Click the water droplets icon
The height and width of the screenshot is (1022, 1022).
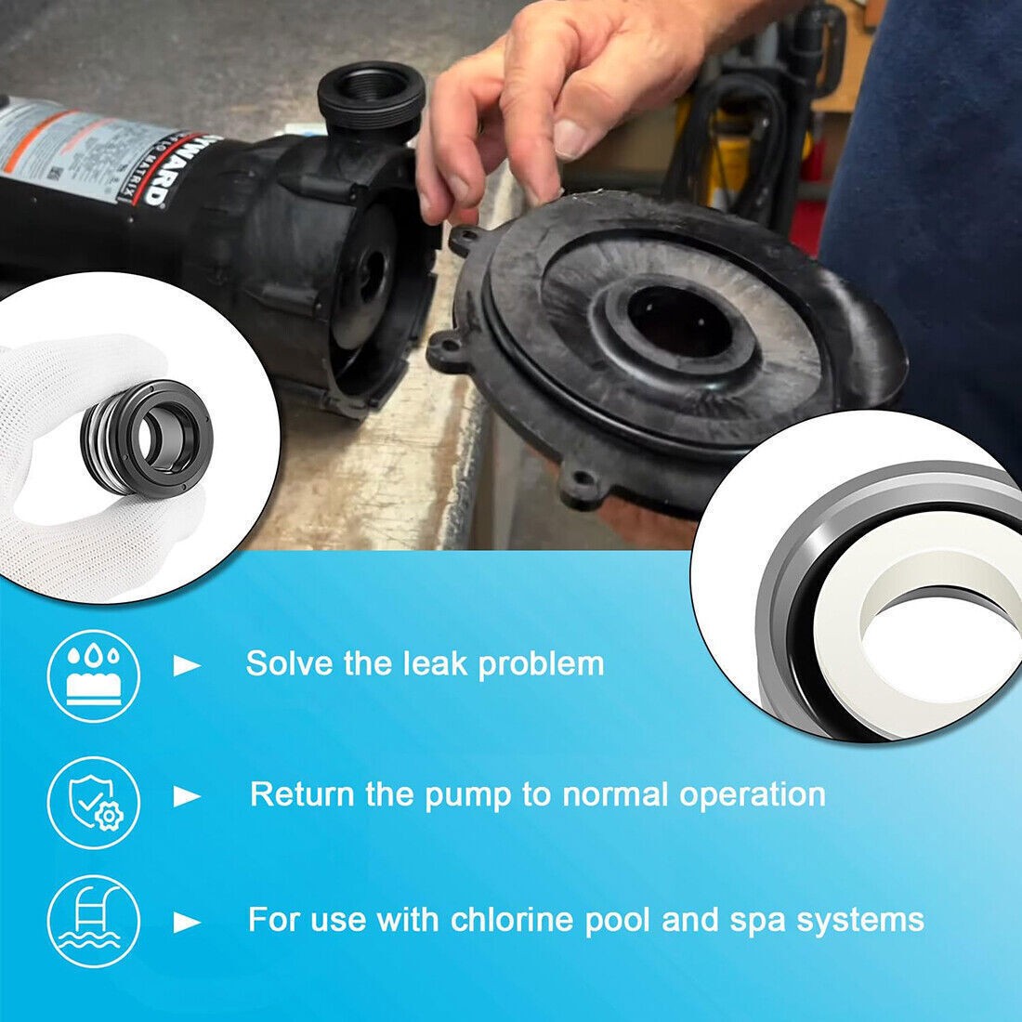click(93, 662)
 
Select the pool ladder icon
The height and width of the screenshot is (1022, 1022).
click(93, 921)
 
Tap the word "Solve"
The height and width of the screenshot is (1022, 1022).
click(287, 663)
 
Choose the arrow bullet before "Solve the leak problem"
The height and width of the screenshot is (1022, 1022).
click(189, 665)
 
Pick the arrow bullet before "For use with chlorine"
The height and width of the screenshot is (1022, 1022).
click(189, 923)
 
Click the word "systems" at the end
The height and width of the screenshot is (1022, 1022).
click(877, 921)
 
